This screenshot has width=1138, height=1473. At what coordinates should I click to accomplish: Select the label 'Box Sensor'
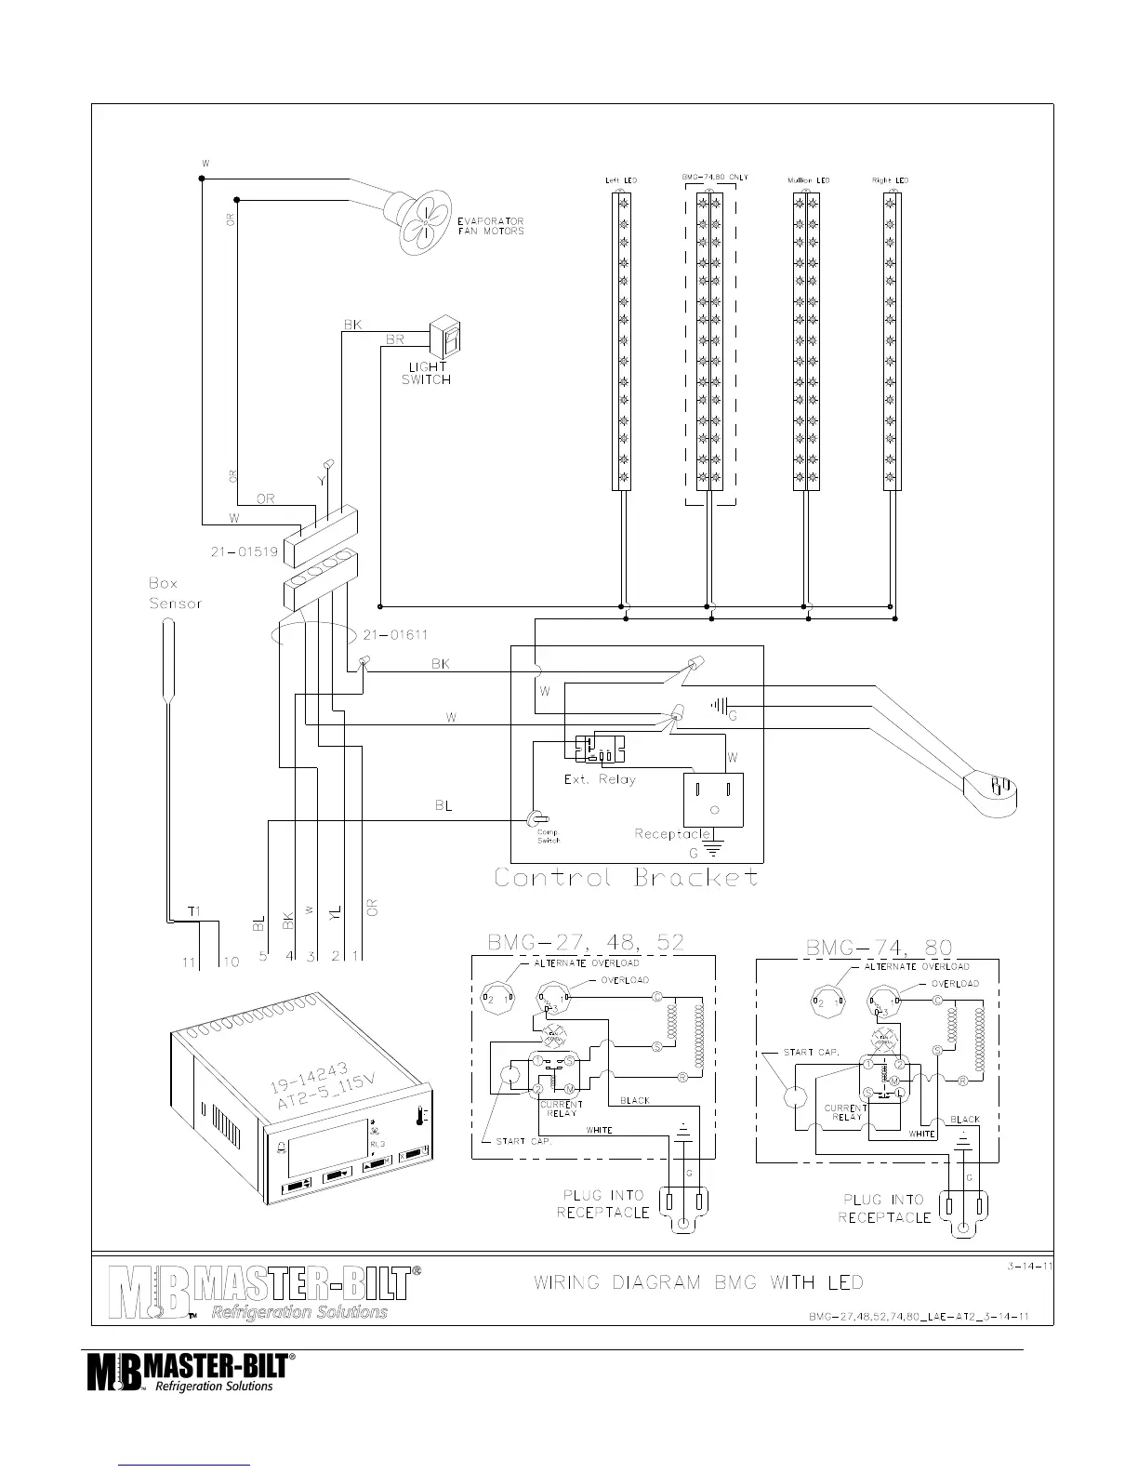click(x=175, y=593)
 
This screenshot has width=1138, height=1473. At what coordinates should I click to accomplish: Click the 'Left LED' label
click(x=620, y=180)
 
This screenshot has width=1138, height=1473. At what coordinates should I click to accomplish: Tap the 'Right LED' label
click(x=890, y=180)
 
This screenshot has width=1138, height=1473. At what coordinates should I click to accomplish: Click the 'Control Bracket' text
click(x=626, y=878)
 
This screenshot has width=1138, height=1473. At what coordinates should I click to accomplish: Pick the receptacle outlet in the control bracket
click(x=714, y=799)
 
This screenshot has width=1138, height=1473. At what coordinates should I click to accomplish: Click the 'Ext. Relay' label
click(x=600, y=779)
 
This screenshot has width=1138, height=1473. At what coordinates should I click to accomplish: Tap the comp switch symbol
click(x=536, y=818)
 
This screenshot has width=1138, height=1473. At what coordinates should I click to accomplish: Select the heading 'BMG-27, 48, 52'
click(x=586, y=943)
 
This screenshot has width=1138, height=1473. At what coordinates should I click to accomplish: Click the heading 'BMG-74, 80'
click(x=879, y=948)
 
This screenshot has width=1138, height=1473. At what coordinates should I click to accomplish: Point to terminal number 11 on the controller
click(x=189, y=962)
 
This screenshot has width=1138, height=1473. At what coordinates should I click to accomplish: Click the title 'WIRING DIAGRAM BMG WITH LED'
click(x=698, y=1283)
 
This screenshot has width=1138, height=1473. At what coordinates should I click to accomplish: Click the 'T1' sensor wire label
click(x=194, y=911)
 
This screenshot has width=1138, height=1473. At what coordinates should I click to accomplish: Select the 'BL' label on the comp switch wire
click(x=443, y=806)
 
